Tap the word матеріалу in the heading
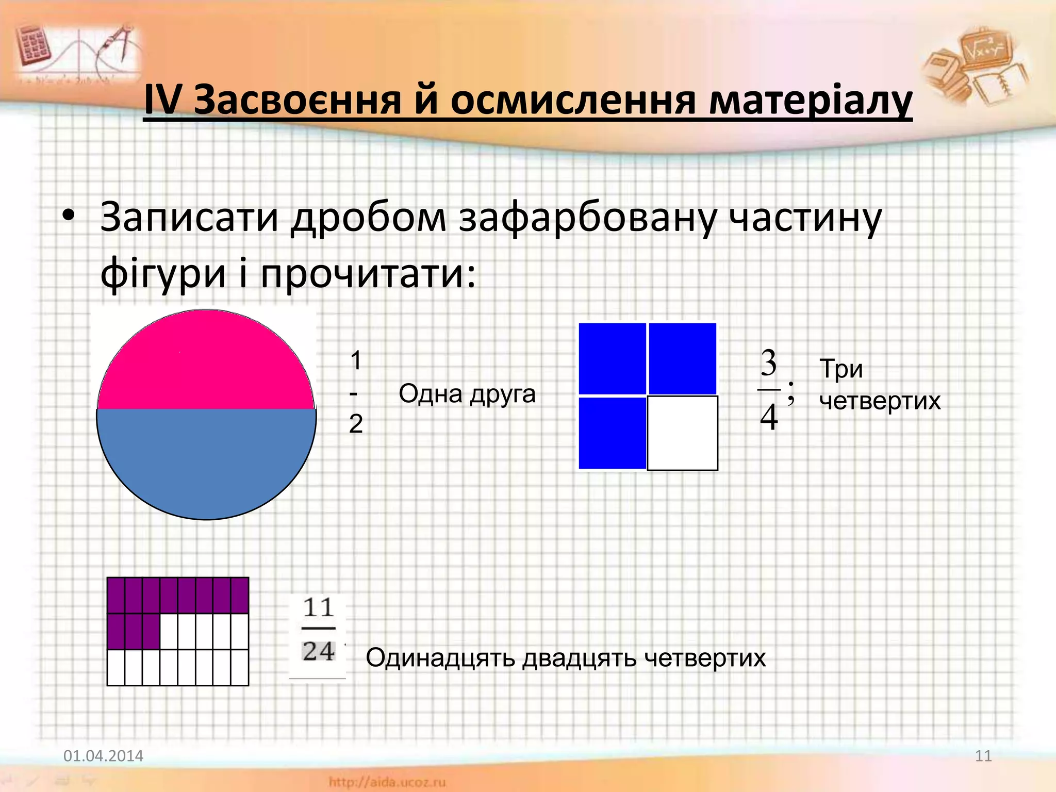810,101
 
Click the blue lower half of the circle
206,459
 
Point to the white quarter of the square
682,433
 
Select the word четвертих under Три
880,401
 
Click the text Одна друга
467,394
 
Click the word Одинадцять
440,658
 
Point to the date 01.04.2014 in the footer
103,756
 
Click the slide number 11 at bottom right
983,756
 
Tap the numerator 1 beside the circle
356,360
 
